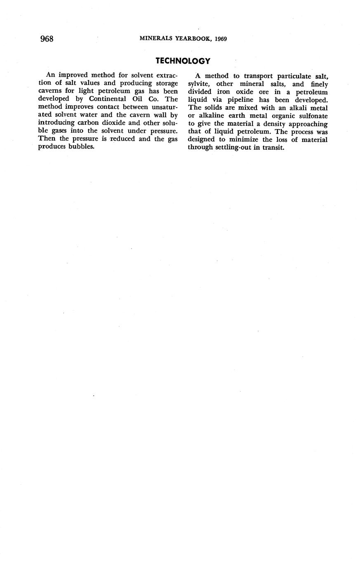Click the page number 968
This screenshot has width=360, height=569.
(47, 39)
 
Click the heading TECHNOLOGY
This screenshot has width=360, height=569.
(183, 61)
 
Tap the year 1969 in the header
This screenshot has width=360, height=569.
(220, 39)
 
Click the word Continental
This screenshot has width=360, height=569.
(107, 99)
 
